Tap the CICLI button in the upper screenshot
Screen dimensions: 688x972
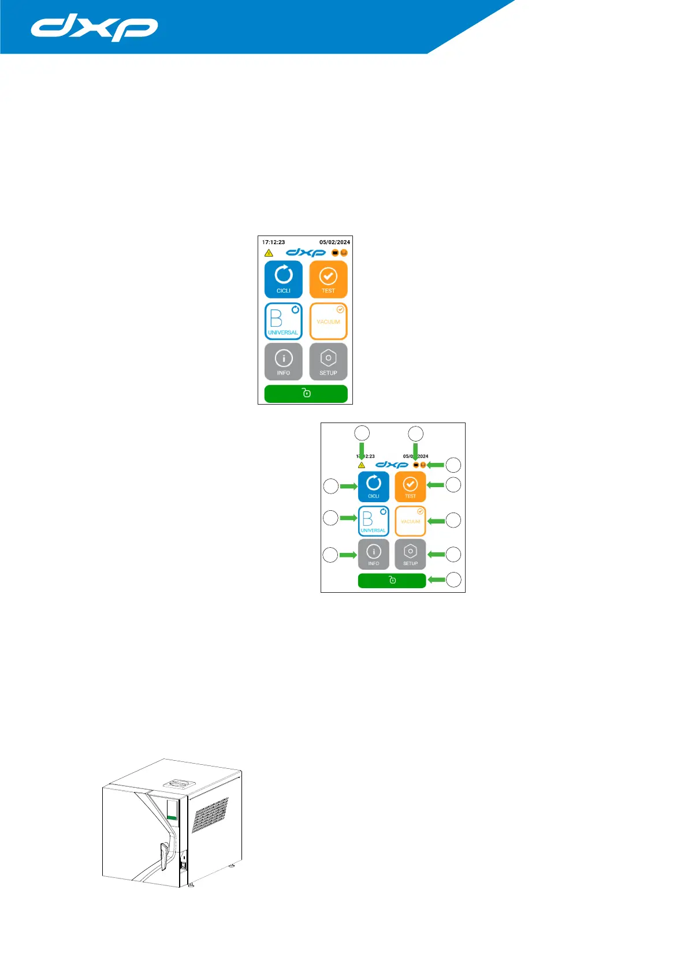coord(283,279)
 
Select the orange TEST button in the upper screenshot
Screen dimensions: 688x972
coord(328,279)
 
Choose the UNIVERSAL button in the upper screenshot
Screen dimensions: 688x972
coord(283,321)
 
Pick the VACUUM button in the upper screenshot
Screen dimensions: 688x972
coord(328,321)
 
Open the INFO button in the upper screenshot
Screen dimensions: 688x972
coord(283,362)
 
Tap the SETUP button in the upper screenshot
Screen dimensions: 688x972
coord(328,362)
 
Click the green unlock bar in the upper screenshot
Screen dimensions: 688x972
coord(306,394)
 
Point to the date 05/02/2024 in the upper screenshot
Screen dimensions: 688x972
coord(334,242)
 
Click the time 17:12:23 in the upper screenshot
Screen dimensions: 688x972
coord(273,242)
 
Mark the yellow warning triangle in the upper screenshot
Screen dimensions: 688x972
coord(269,253)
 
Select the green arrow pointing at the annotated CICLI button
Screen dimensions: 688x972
coord(348,487)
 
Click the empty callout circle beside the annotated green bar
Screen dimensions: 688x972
coord(453,580)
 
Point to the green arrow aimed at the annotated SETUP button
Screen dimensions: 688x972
coord(436,555)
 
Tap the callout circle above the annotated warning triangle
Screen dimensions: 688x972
coord(362,433)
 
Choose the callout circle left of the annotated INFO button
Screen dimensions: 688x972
coord(330,555)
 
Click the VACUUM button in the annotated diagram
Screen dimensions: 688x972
coord(410,521)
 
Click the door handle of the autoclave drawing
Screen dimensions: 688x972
coord(164,855)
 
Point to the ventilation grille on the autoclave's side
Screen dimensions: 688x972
coord(209,815)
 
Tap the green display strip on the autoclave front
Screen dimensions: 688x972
coord(172,817)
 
